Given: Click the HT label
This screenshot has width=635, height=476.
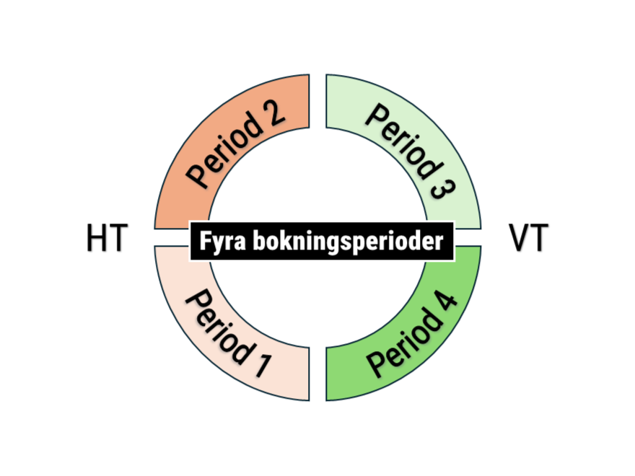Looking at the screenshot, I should tap(107, 239).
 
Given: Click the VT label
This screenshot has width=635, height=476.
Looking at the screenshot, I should tap(528, 239).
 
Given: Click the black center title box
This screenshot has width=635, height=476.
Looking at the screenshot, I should tap(322, 241).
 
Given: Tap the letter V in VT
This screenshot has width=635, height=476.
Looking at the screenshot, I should tap(519, 239).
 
